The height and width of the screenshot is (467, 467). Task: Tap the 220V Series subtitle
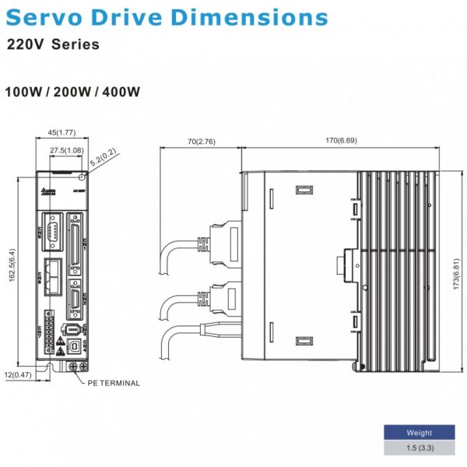[x=53, y=44]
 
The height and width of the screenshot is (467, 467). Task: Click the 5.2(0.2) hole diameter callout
[x=101, y=159]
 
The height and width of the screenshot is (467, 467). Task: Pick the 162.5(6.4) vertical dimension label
[x=12, y=265]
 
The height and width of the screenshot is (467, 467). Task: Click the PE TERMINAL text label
[x=114, y=383]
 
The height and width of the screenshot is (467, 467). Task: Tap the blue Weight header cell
[x=419, y=433]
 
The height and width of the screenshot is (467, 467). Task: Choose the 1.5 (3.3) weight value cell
[x=419, y=448]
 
